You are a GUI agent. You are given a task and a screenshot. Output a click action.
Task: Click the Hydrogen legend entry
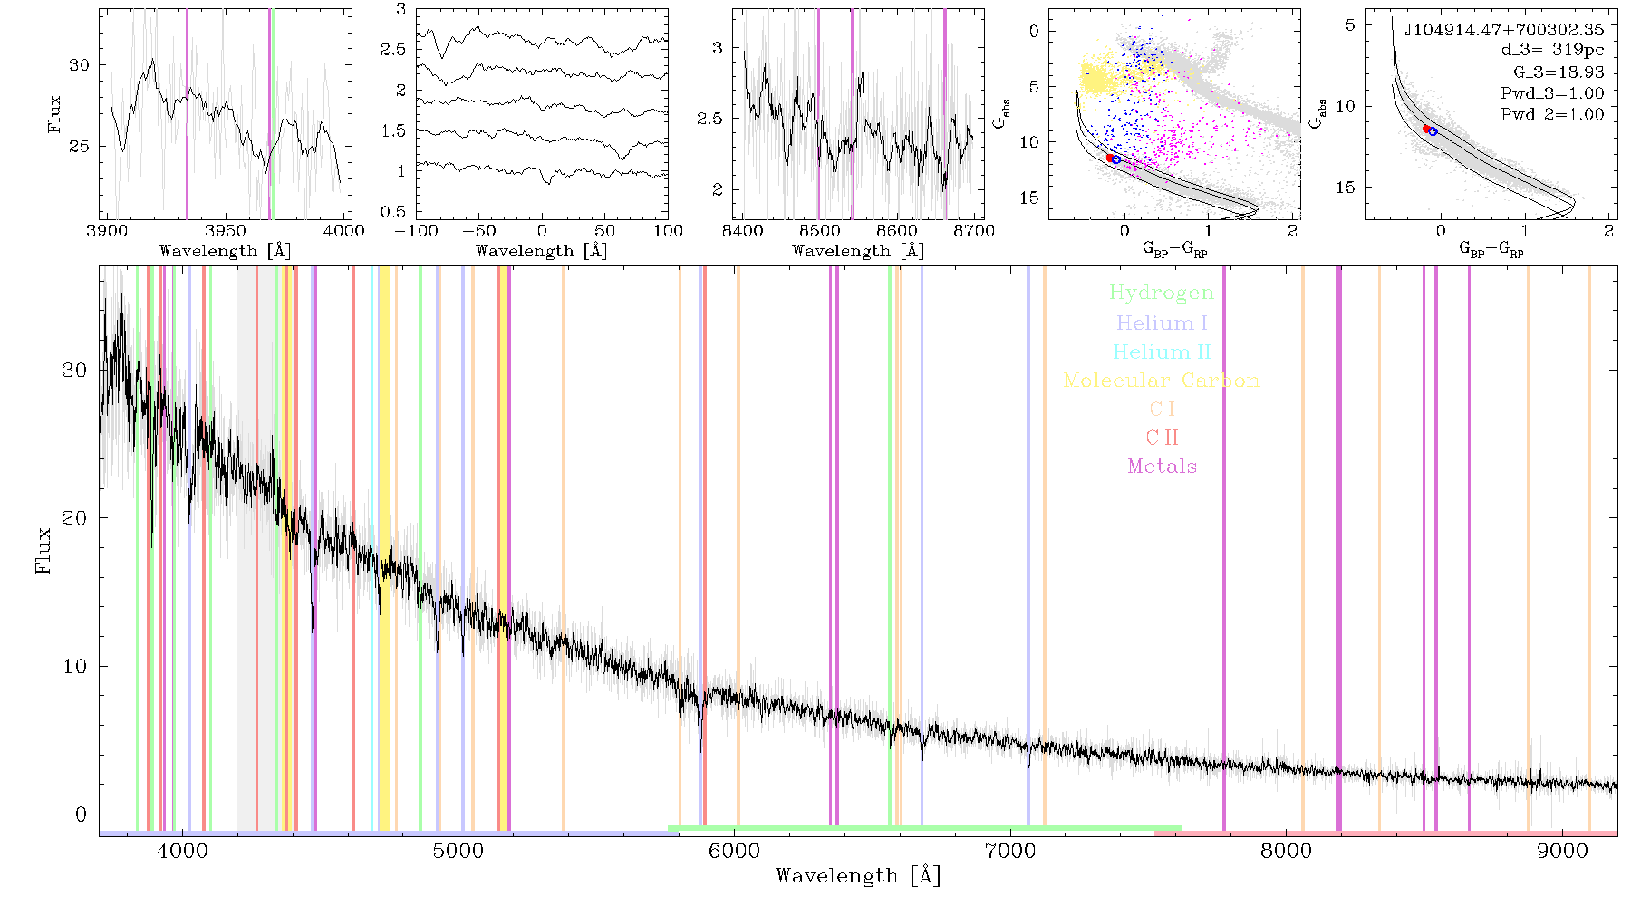(x=1161, y=293)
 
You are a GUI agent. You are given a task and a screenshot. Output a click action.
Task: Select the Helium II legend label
(x=1162, y=352)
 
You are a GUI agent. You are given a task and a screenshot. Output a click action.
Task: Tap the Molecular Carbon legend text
(x=1162, y=381)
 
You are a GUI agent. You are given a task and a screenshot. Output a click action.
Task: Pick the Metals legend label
(x=1163, y=466)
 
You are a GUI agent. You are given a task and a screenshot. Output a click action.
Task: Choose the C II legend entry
(x=1163, y=438)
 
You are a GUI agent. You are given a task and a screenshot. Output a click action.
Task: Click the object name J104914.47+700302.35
(x=1504, y=29)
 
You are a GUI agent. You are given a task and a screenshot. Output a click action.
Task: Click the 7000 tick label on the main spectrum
(x=1010, y=851)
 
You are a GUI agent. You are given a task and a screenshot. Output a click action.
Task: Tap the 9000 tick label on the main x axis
(x=1562, y=851)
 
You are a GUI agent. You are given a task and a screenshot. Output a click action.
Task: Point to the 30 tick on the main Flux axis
(x=75, y=370)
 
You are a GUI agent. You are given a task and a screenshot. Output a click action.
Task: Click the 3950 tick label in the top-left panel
(x=226, y=230)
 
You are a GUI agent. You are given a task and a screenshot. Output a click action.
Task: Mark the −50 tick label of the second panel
(x=478, y=230)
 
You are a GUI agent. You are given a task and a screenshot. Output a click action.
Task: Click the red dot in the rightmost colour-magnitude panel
(x=1426, y=129)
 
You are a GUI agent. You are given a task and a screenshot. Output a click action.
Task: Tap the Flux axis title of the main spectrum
(x=43, y=550)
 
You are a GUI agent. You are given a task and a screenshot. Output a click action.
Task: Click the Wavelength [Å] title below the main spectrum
(x=858, y=876)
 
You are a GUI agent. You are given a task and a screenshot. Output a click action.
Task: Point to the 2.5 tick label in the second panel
(x=393, y=49)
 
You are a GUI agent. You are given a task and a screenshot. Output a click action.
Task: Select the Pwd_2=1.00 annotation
(x=1552, y=115)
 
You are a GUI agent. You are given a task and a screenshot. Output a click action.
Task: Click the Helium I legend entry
(x=1162, y=323)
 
